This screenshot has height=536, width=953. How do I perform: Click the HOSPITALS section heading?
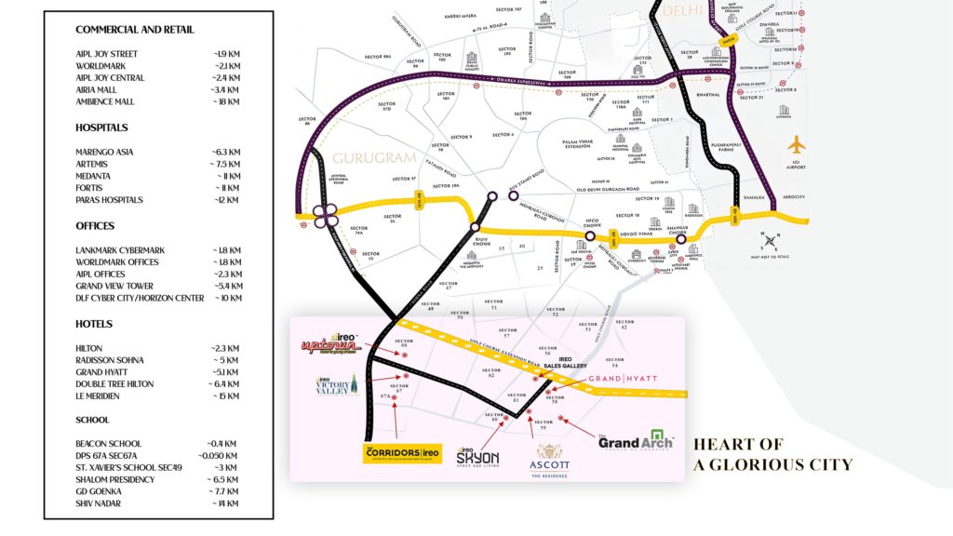point(101,127)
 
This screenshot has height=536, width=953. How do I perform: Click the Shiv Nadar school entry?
point(101,503)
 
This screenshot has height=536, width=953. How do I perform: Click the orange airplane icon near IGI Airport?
point(796,147)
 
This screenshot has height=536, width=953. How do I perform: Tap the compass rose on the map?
point(771,242)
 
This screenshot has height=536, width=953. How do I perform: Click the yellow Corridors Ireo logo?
point(399,452)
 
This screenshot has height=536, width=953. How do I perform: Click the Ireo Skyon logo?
point(477,457)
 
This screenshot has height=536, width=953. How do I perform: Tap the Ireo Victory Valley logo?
point(335,386)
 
